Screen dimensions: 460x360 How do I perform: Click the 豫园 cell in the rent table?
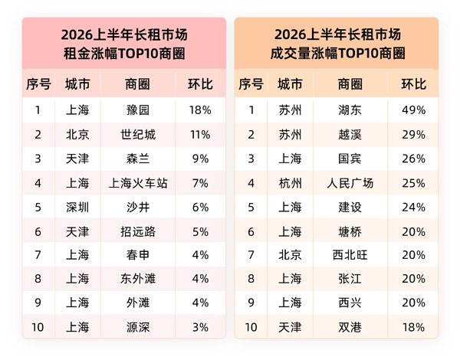pos(138,110)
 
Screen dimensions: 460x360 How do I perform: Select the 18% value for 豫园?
pos(200,110)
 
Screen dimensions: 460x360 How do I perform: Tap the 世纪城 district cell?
pos(138,135)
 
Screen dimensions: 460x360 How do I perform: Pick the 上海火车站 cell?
pos(138,184)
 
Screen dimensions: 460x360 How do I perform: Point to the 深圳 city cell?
pos(77,208)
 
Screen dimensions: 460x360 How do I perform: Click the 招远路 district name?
pos(138,232)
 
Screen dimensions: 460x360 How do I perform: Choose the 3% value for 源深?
pos(200,327)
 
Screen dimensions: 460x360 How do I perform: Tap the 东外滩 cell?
pos(138,279)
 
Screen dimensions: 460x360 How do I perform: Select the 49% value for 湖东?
pos(414,110)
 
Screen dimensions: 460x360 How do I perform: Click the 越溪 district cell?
pos(350,135)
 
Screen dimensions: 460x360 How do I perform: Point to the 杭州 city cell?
pos(290,184)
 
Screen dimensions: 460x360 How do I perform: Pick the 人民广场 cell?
pos(350,184)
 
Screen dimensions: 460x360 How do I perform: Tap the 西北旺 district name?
pos(350,255)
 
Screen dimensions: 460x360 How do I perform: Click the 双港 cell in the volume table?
pos(350,327)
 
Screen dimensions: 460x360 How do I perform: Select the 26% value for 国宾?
pos(414,159)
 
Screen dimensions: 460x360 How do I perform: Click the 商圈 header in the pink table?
pos(137,84)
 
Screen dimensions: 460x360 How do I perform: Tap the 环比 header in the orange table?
pos(414,84)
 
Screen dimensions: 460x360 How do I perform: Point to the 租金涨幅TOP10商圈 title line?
pos(124,54)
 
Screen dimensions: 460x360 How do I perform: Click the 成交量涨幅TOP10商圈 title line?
pos(337,54)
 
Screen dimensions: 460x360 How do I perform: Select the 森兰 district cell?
pos(138,159)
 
